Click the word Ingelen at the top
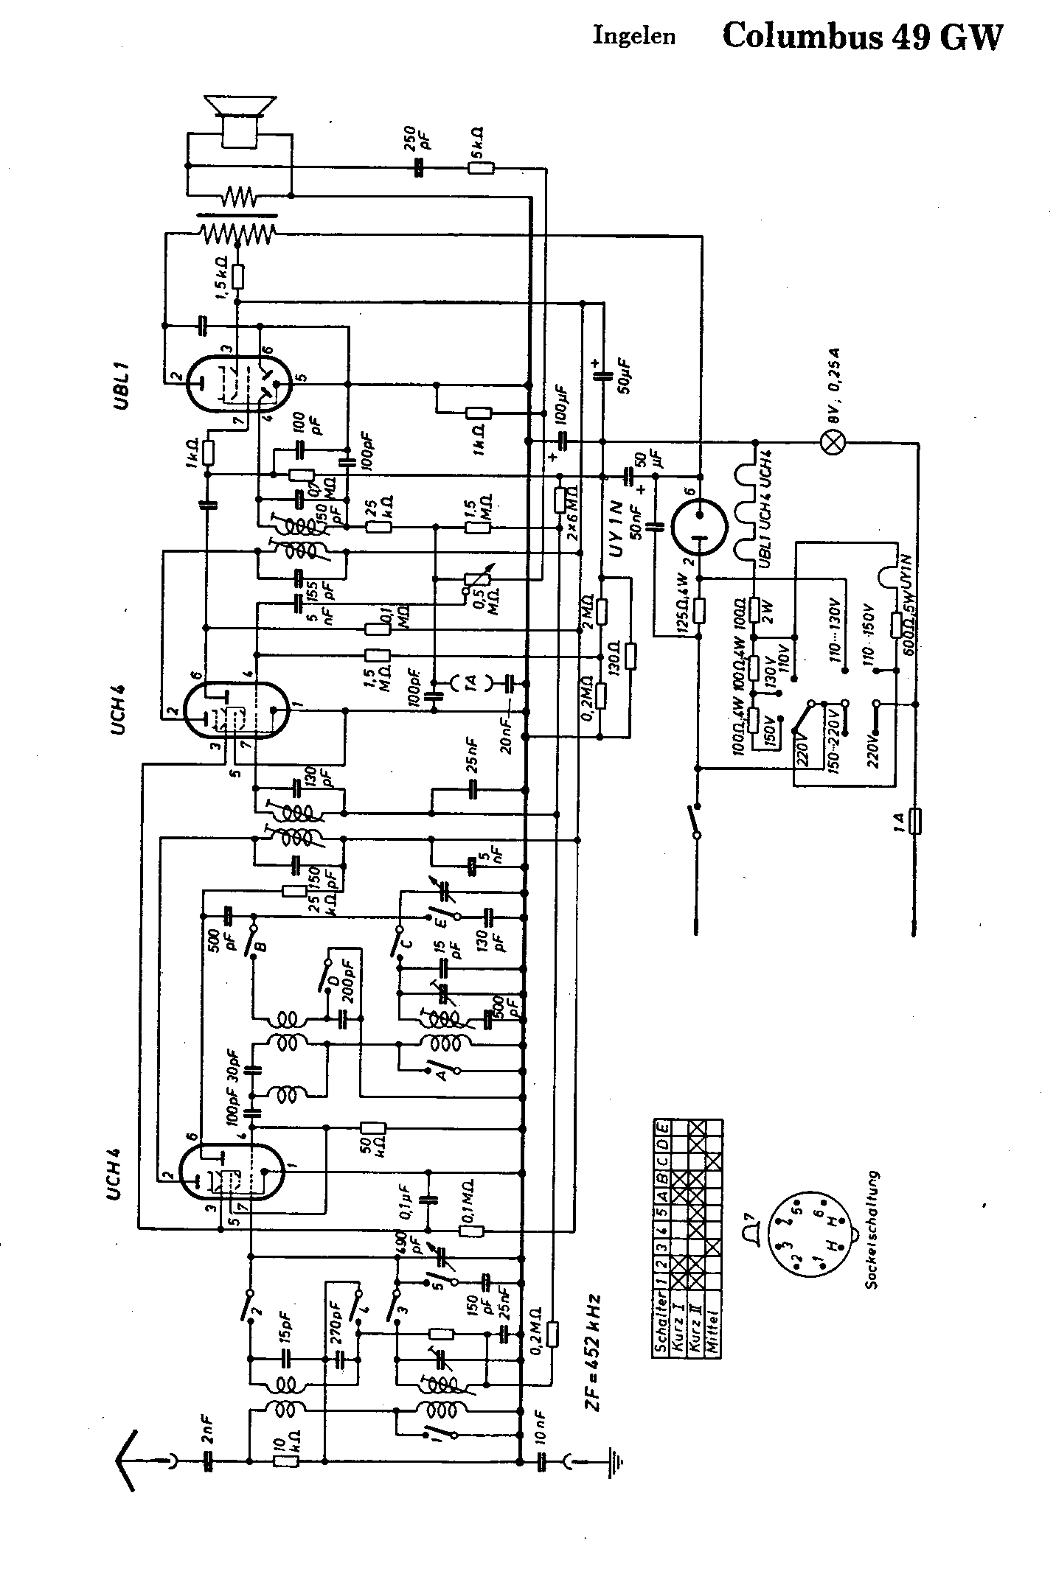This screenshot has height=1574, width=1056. pyautogui.click(x=634, y=37)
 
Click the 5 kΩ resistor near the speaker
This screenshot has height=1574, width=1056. pyautogui.click(x=480, y=169)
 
